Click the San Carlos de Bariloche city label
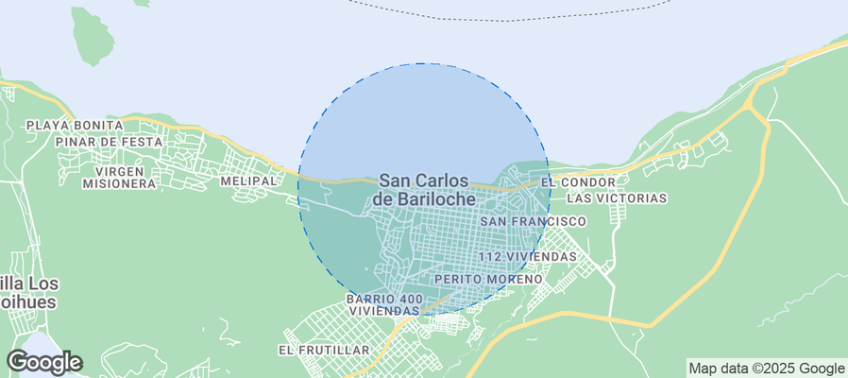(x=424, y=189)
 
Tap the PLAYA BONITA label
(x=75, y=125)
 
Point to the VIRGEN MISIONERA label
(x=118, y=177)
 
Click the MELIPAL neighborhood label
(x=248, y=180)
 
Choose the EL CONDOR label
(x=578, y=181)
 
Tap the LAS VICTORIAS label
(x=618, y=198)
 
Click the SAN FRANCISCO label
(x=534, y=221)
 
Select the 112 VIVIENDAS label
(x=527, y=256)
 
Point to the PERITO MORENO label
(x=488, y=280)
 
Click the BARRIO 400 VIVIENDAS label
(x=384, y=304)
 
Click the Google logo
(x=43, y=362)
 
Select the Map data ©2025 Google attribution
(x=766, y=369)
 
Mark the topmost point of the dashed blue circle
(x=424, y=63)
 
